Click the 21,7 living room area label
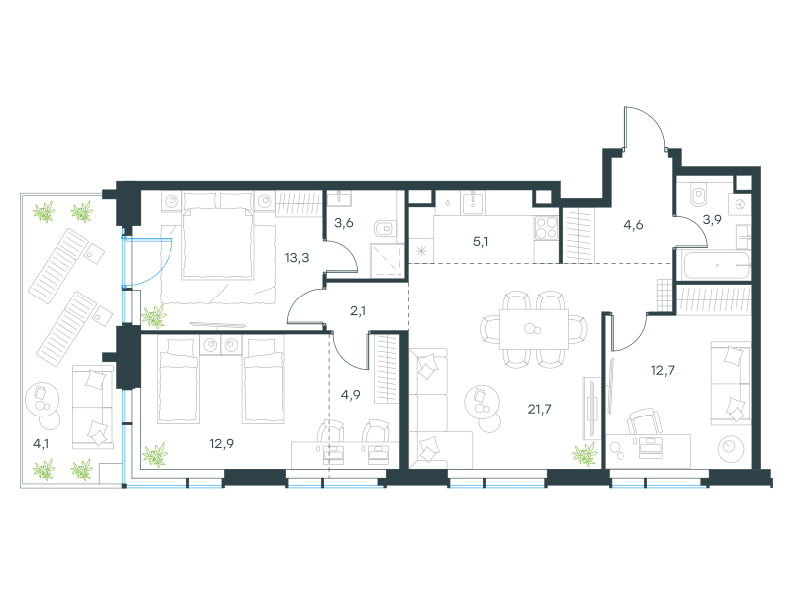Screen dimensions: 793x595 [539, 409]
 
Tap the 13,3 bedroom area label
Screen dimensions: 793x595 [296, 258]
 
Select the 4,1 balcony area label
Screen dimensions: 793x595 [41, 444]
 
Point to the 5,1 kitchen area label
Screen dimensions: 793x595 [480, 242]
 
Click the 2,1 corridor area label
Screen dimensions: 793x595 [358, 311]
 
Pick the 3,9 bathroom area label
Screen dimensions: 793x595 [712, 219]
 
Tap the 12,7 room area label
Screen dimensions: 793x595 [662, 370]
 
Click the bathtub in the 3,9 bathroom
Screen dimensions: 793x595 [716, 265]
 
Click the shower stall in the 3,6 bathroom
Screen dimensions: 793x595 [388, 261]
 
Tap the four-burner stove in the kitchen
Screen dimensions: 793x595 [546, 227]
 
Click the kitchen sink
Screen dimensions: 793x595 [474, 202]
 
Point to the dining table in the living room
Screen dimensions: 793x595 [533, 329]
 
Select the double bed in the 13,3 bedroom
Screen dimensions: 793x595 [218, 235]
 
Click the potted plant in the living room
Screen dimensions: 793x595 [585, 454]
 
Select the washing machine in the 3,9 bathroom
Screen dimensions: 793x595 [739, 205]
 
